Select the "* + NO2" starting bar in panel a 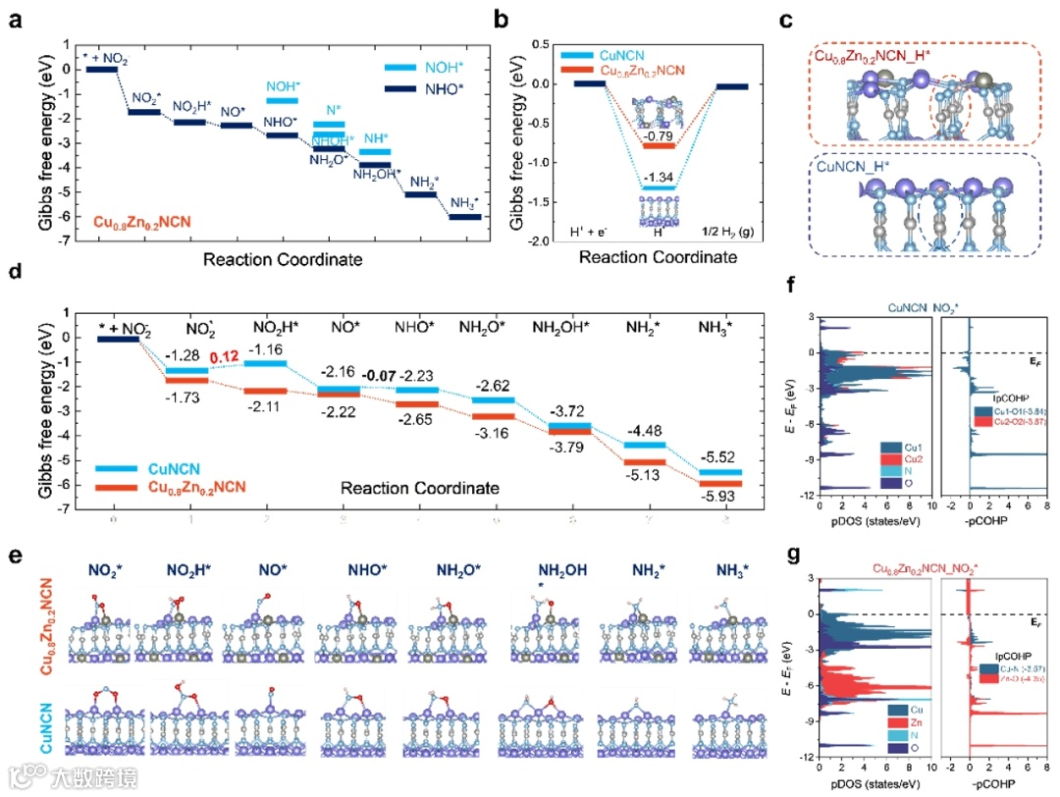[x=102, y=69]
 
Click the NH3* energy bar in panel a [x=465, y=216]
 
